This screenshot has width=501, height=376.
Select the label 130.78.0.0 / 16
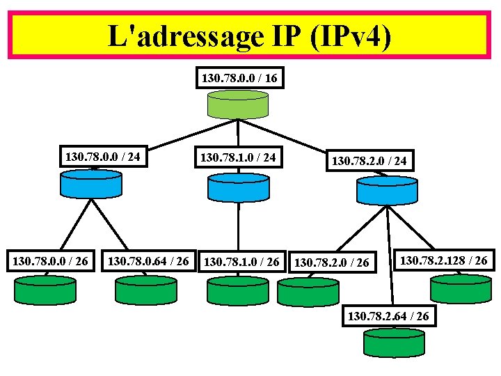(x=239, y=78)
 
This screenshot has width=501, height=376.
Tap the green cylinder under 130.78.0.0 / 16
(x=239, y=104)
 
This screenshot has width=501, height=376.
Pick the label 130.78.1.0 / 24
(x=238, y=158)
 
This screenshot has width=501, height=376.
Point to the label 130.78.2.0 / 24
(x=369, y=162)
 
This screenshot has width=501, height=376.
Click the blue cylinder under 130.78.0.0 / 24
(x=90, y=185)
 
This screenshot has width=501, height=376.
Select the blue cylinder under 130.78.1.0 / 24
(x=238, y=187)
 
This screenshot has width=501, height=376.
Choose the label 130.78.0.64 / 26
(x=148, y=261)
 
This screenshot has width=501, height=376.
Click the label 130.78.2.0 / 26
(x=333, y=263)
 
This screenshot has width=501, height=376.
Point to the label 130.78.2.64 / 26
(x=392, y=317)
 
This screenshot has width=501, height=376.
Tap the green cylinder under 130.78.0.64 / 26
(x=146, y=290)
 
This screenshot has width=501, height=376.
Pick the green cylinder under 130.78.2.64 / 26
(x=393, y=343)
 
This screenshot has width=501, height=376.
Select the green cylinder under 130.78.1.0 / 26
(x=238, y=291)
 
